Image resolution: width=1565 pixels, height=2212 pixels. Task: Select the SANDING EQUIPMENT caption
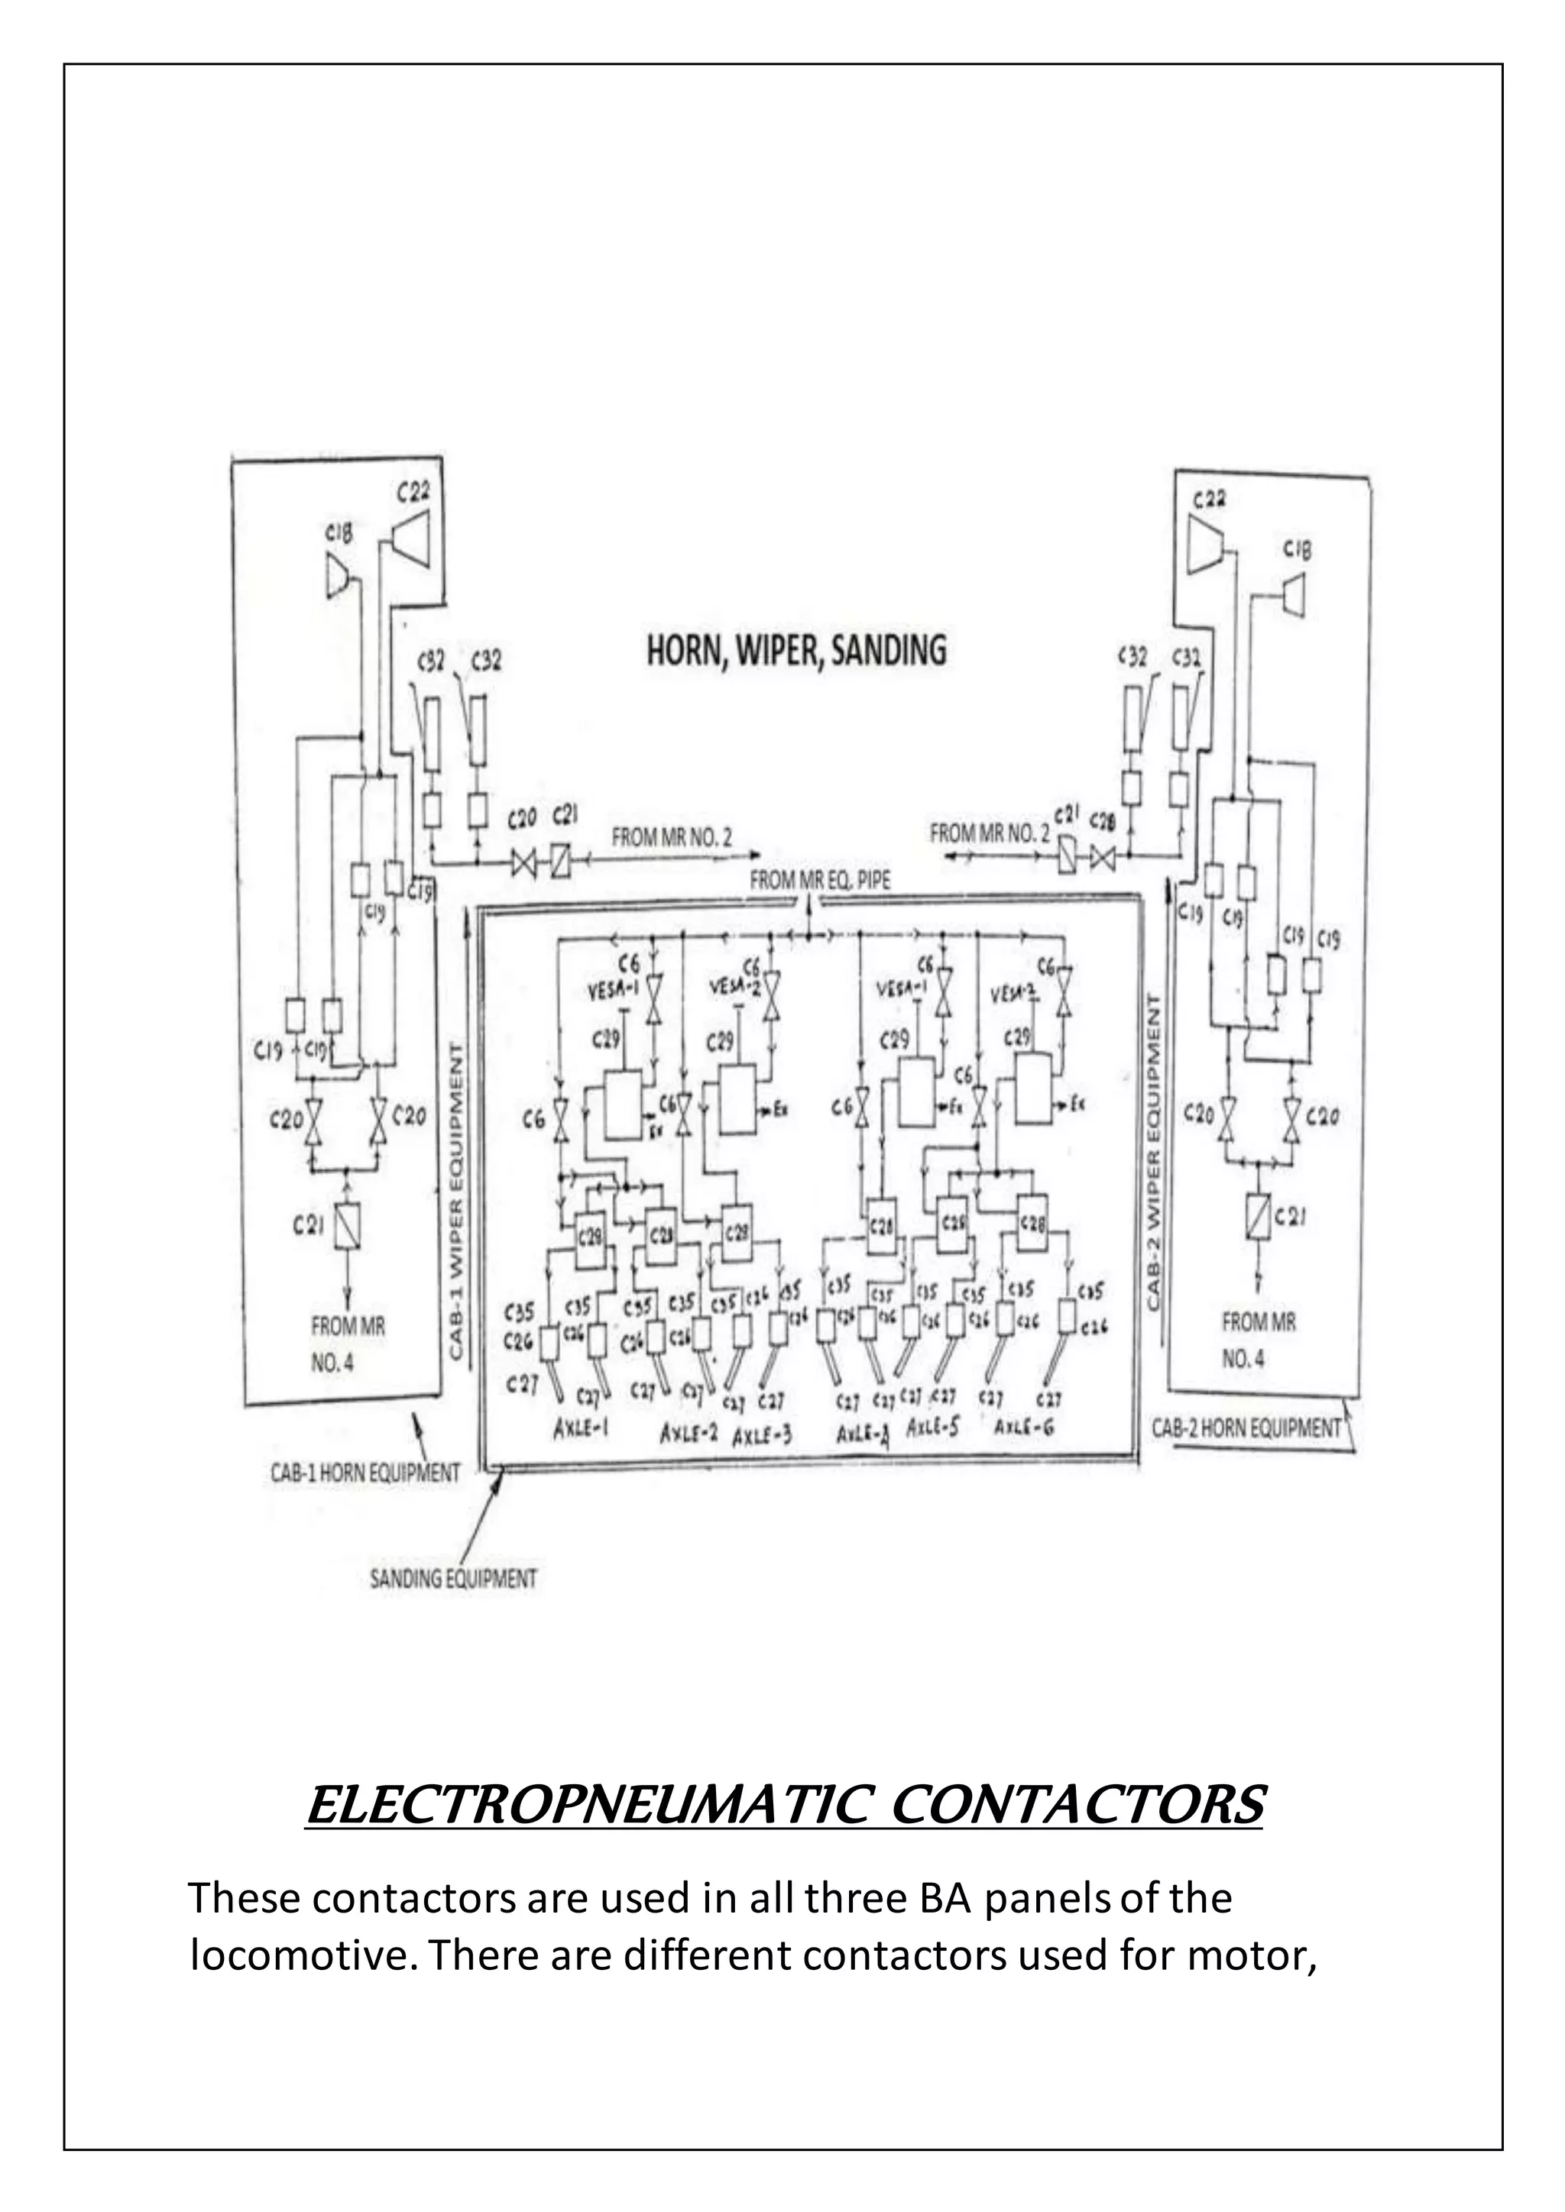coord(453,1579)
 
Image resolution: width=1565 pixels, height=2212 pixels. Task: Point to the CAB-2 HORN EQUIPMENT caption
coord(1247,1428)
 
